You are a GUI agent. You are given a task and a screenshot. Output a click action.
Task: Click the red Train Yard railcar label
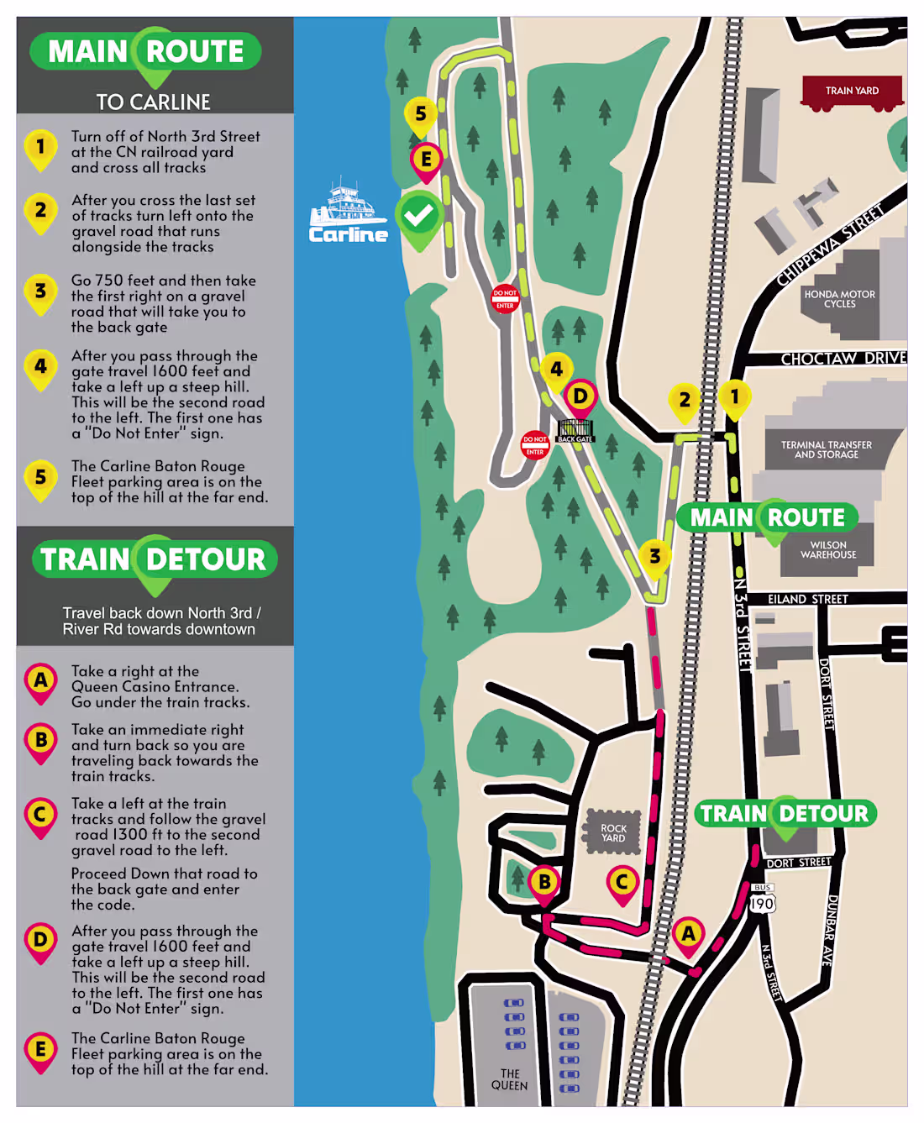[851, 91]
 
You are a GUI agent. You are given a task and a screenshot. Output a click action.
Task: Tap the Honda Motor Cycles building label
[839, 299]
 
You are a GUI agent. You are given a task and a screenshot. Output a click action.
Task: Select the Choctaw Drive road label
[843, 359]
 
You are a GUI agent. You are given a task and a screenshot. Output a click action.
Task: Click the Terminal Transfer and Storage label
[826, 449]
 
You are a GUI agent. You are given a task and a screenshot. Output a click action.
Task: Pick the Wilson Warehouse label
[828, 550]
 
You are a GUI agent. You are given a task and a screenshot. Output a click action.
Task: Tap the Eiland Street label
[807, 599]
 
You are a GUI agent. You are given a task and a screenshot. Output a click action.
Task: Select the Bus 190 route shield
[762, 900]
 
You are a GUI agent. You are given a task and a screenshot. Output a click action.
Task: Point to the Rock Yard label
[613, 832]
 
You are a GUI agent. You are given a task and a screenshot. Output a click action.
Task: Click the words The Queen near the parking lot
[509, 1079]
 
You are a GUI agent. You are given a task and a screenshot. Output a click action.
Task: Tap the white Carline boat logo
[348, 214]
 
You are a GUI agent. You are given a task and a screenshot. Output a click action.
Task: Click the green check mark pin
[419, 217]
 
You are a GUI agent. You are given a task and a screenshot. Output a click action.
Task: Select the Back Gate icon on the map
[575, 430]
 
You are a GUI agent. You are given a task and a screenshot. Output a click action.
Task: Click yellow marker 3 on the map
[654, 556]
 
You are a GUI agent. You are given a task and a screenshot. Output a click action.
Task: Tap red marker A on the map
[688, 934]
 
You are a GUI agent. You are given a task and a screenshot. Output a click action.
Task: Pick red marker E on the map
[426, 159]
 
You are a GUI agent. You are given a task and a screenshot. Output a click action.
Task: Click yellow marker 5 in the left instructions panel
[40, 478]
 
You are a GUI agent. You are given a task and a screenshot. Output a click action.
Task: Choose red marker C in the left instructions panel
[40, 815]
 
